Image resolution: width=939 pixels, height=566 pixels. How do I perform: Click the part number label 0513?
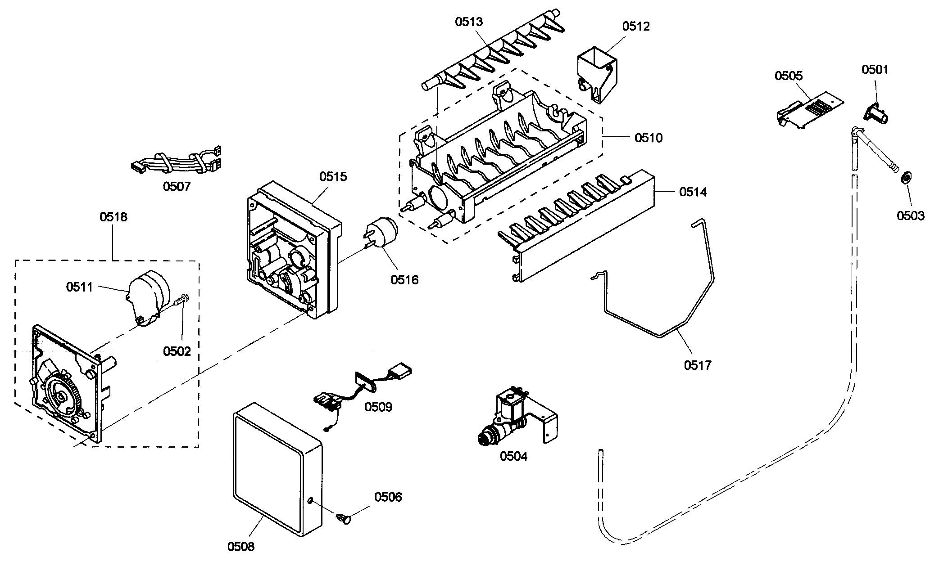468,22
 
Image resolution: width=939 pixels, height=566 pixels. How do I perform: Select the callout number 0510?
649,137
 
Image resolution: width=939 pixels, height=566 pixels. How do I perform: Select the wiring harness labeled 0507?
176,162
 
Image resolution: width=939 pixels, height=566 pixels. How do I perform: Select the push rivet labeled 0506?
344,519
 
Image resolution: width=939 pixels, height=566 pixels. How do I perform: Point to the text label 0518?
113,217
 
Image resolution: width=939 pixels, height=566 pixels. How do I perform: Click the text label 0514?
693,192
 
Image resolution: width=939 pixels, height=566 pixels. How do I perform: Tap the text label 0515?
333,176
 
